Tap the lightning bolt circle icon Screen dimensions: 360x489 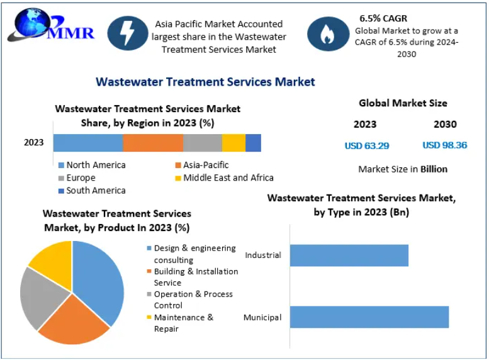[x=128, y=33]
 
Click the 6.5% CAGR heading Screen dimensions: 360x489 [x=383, y=18]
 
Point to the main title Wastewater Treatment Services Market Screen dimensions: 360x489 [x=205, y=82]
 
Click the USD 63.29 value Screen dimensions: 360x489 [x=367, y=145]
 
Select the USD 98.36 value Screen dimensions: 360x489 [x=444, y=145]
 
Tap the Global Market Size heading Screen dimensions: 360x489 [x=403, y=103]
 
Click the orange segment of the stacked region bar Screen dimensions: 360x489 [x=153, y=143]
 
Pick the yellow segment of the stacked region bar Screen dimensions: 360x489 [x=233, y=143]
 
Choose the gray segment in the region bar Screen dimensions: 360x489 [x=203, y=143]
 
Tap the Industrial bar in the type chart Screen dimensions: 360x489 [x=349, y=256]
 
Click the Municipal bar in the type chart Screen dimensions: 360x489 [x=369, y=317]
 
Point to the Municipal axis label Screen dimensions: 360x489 [x=262, y=317]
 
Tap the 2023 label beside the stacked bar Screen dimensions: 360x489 [x=34, y=142]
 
